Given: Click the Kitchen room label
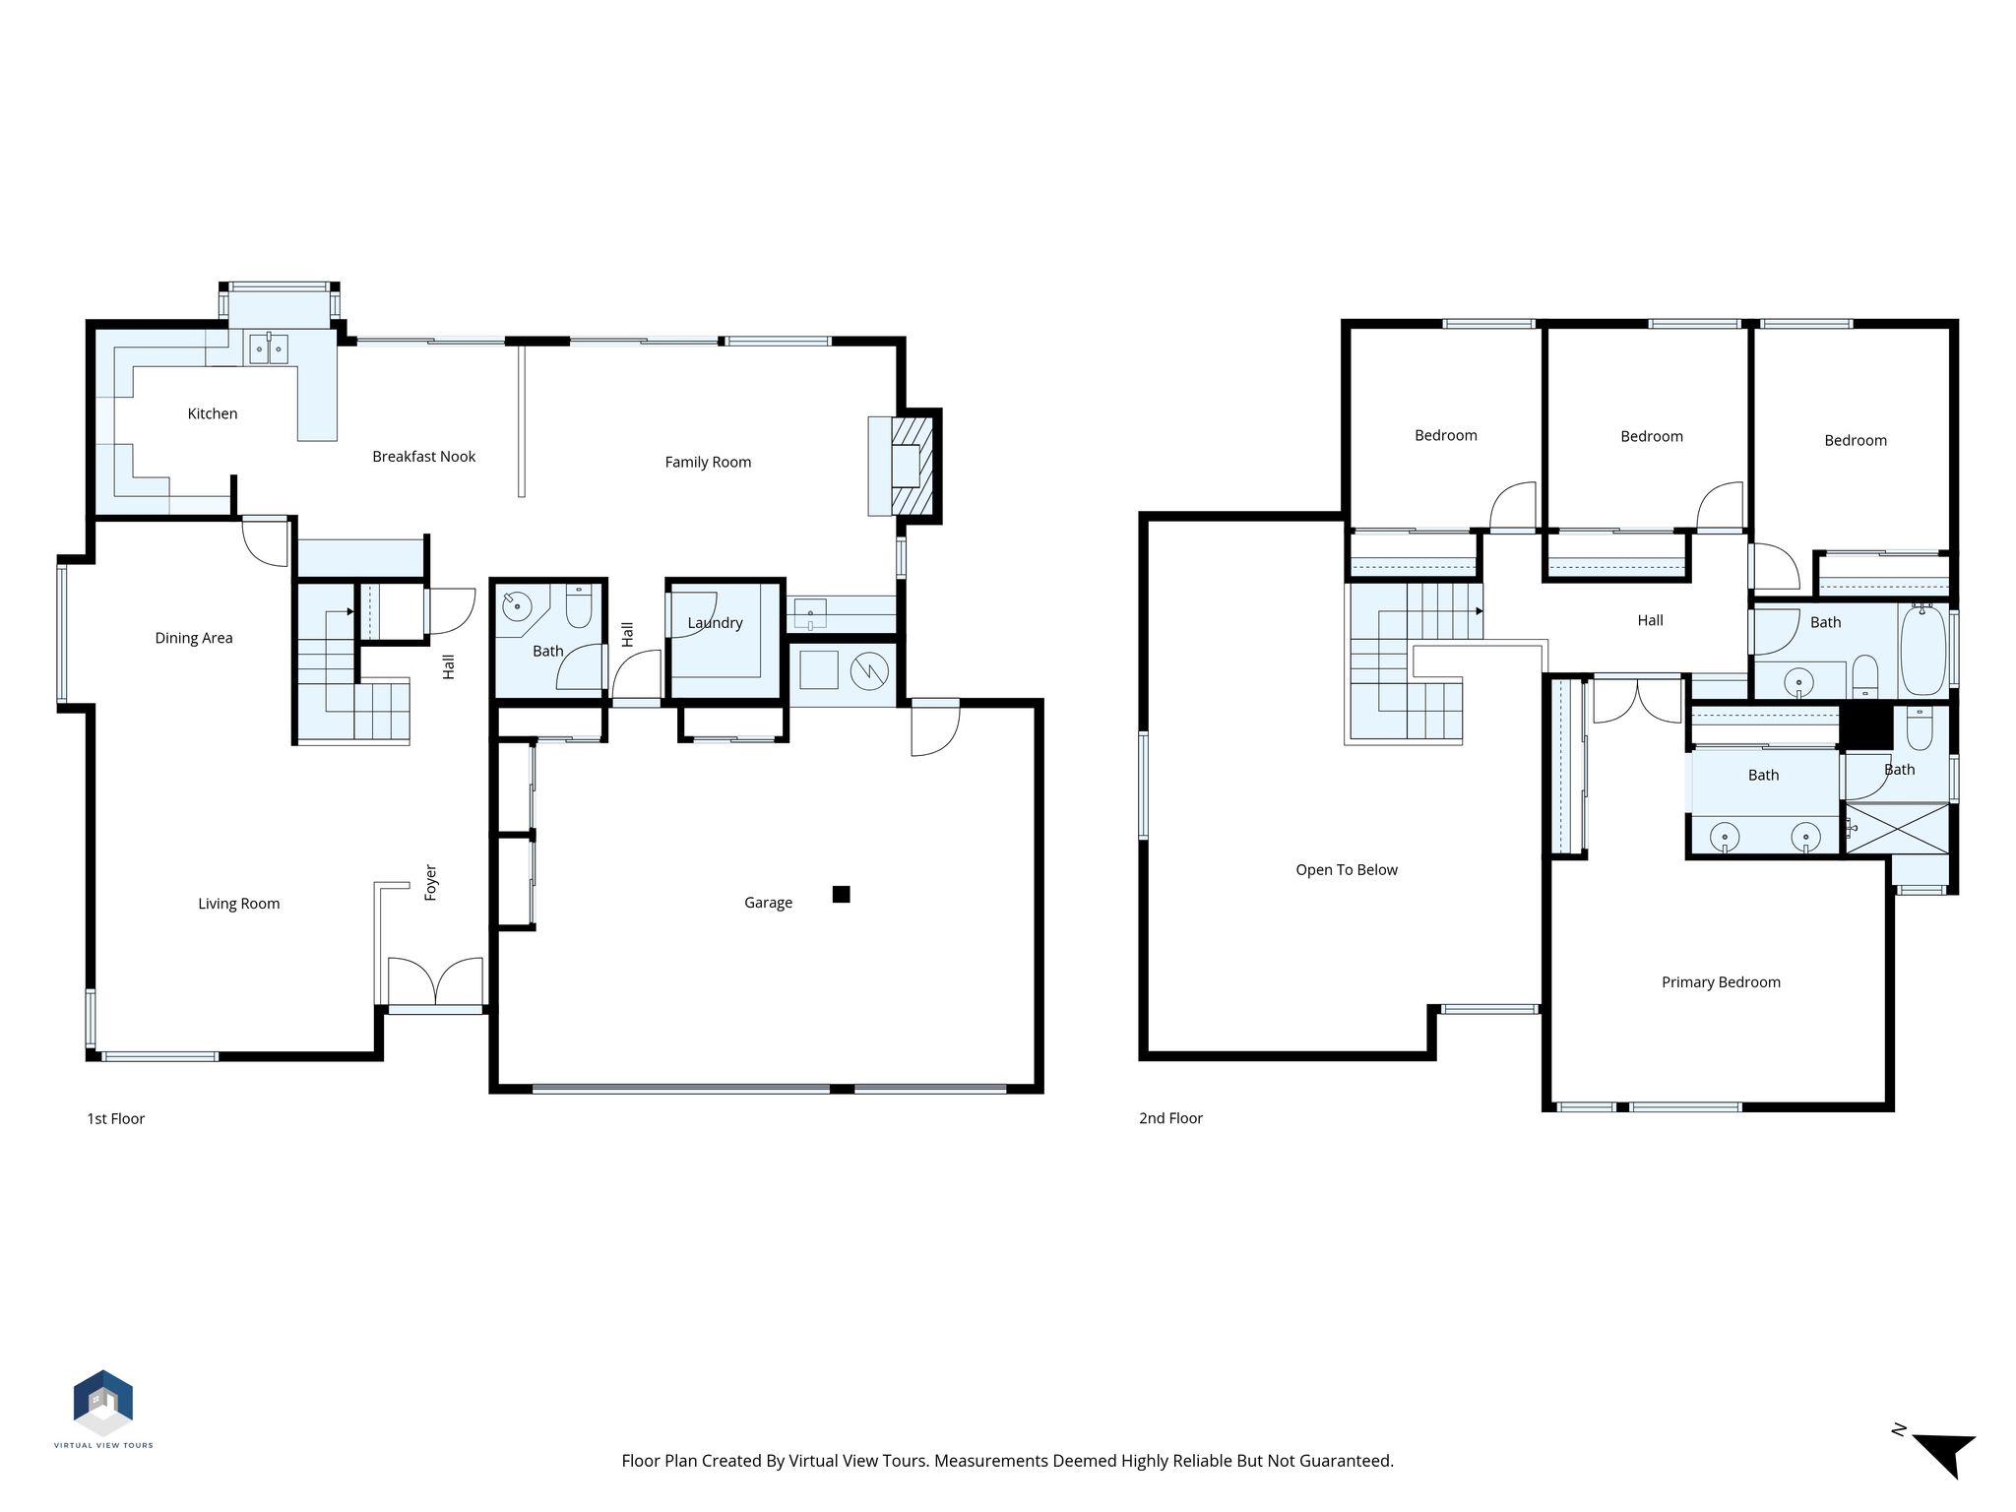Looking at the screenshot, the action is (213, 413).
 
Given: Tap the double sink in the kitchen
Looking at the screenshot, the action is (268, 348).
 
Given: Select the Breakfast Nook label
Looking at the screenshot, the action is (423, 457).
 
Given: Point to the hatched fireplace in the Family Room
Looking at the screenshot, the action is (912, 466).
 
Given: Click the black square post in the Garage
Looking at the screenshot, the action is (841, 894).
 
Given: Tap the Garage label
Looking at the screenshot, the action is (768, 903).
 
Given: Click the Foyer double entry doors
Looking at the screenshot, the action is (436, 982).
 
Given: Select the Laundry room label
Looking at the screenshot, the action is (715, 623).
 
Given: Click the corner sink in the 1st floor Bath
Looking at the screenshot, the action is (516, 605).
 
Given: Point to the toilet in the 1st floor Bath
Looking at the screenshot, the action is (579, 606).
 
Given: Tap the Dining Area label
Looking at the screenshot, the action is (194, 638).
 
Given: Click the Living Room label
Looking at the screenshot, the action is (239, 904).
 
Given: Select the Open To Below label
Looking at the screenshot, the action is (1347, 870).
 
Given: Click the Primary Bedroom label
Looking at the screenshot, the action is (1721, 982).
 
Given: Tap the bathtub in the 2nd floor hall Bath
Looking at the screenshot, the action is (1922, 651).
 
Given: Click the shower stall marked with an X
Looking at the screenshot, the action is (1896, 829).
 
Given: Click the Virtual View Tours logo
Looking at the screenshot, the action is (103, 1409).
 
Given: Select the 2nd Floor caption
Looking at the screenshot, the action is (1170, 1118).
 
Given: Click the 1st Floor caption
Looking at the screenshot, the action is (116, 1118).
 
